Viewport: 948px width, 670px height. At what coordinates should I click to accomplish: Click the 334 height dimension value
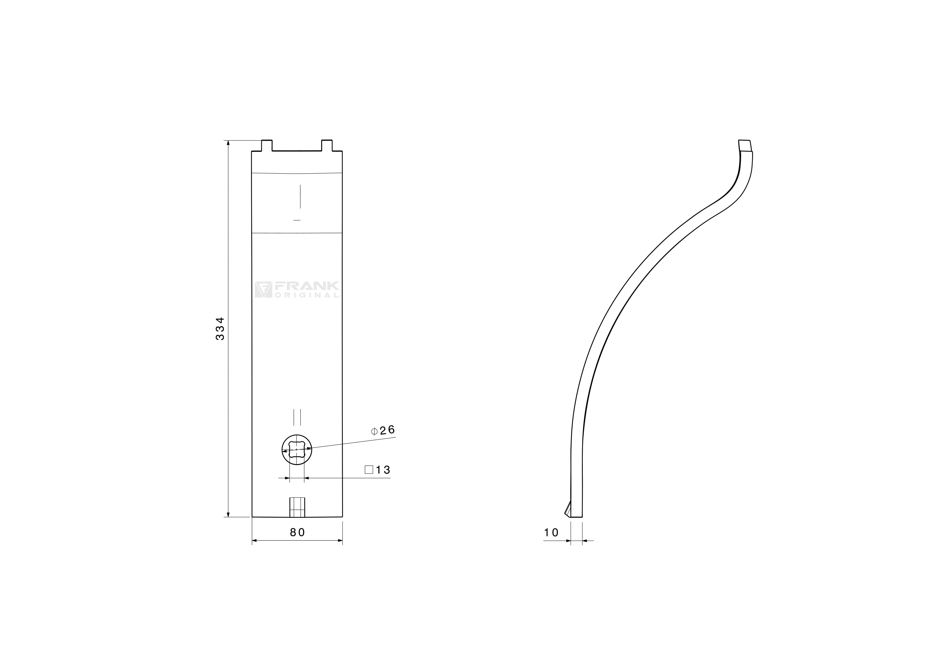221,329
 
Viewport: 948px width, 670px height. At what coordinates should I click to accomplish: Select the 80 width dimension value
297,533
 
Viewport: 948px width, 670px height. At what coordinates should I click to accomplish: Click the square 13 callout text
377,470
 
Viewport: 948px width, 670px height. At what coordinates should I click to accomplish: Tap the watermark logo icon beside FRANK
263,290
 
